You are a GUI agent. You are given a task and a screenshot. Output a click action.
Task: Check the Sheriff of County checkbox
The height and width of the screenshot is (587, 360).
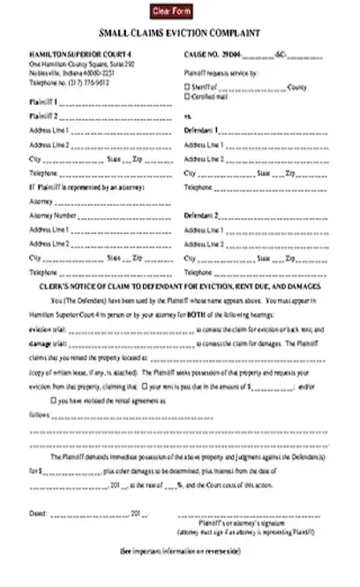(187, 87)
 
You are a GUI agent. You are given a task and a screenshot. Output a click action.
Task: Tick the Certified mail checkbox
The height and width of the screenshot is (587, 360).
(187, 95)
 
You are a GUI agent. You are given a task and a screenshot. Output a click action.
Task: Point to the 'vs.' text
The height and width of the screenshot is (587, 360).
(187, 116)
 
